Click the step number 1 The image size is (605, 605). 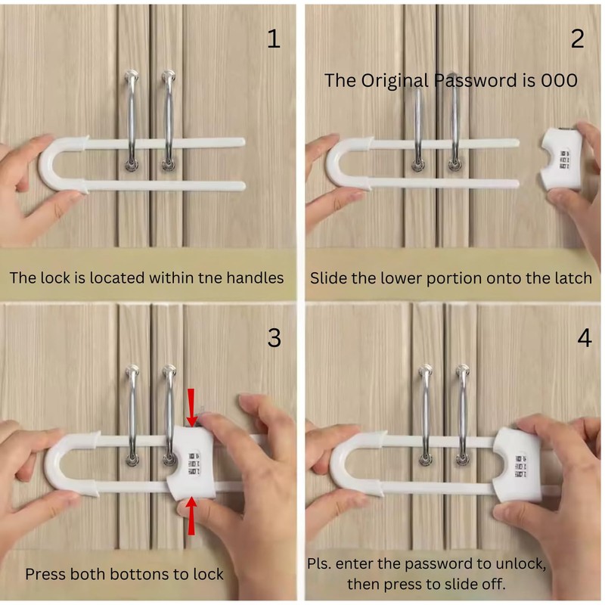pos(274,39)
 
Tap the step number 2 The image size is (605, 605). pos(578,39)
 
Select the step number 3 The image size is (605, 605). pos(274,337)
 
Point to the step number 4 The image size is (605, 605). pos(585,337)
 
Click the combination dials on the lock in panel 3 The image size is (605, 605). pos(194,464)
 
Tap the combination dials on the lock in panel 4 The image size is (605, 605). pos(521,465)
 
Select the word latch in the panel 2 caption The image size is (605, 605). pos(573,278)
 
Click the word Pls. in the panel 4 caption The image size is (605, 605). pos(319,563)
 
